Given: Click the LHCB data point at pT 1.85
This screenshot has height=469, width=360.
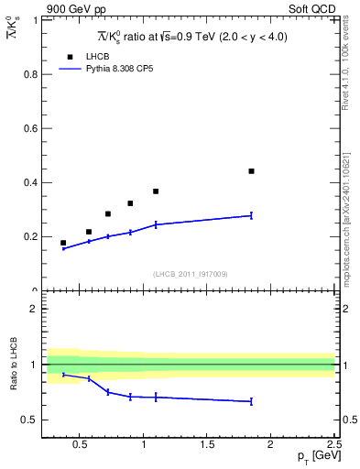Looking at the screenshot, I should point(251,171).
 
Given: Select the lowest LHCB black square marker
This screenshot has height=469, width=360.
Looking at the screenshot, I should point(63,243).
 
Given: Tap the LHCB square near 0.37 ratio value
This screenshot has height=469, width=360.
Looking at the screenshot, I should point(156,191).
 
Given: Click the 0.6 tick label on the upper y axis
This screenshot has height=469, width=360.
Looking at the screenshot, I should point(32,128).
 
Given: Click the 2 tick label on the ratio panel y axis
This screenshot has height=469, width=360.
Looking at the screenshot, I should point(36,309).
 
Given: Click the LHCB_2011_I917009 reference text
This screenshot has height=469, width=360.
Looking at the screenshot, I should point(190,274).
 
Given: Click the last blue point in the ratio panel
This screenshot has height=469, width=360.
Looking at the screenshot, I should point(251,401).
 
